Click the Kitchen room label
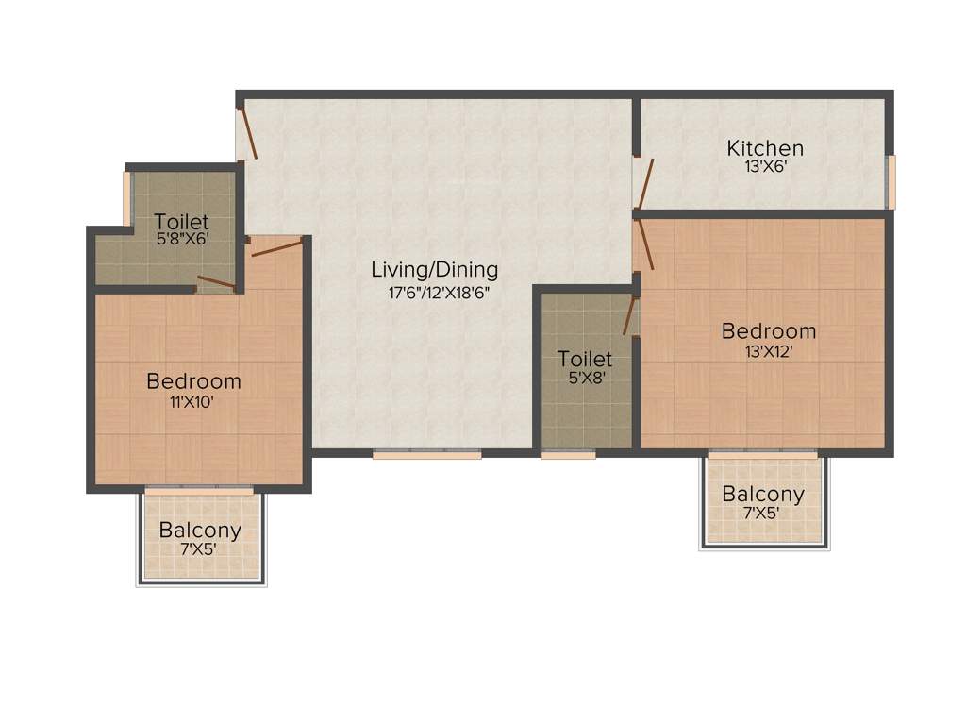coord(765,148)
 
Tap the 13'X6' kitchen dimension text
coord(765,167)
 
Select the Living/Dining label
coord(434,269)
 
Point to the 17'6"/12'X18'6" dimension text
coord(440,293)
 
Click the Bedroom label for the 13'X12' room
coord(769,331)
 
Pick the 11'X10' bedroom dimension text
coord(193,401)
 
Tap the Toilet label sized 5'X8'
coord(585,359)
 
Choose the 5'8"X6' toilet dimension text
coord(182,240)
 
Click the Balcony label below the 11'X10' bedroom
coord(200,530)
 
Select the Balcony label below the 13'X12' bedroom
coord(763,494)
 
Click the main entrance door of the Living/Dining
coord(247,133)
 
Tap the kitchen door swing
coord(643,183)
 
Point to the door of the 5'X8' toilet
coord(630,315)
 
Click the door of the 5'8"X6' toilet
coord(216,281)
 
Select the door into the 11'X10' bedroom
coord(276,248)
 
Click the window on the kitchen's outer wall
coord(891,181)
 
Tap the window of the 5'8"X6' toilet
coord(127,197)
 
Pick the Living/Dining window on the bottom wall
coord(426,454)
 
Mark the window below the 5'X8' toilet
coord(569,454)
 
